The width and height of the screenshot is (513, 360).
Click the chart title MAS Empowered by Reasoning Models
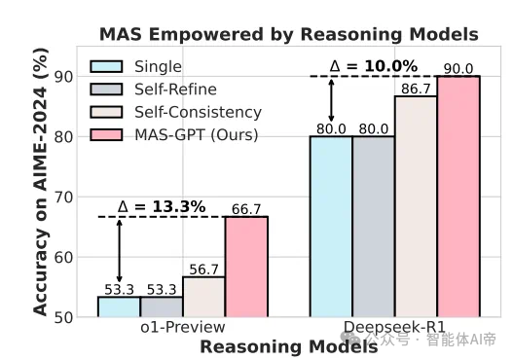pos(288,34)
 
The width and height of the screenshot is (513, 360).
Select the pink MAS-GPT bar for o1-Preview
pos(246,268)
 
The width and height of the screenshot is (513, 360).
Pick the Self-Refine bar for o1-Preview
pos(161,306)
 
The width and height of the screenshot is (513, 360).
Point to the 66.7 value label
pos(246,209)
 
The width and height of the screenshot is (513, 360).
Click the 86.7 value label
pos(416,89)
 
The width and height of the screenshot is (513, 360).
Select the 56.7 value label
pos(203,270)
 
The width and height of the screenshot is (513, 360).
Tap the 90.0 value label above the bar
pos(458,68)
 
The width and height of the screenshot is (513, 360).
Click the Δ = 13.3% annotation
pos(162,206)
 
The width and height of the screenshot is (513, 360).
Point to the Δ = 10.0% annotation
pos(374,66)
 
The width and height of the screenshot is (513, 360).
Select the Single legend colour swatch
pos(108,67)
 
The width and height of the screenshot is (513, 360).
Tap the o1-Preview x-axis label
pos(182,328)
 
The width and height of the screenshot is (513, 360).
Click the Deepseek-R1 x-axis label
pos(395,328)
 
